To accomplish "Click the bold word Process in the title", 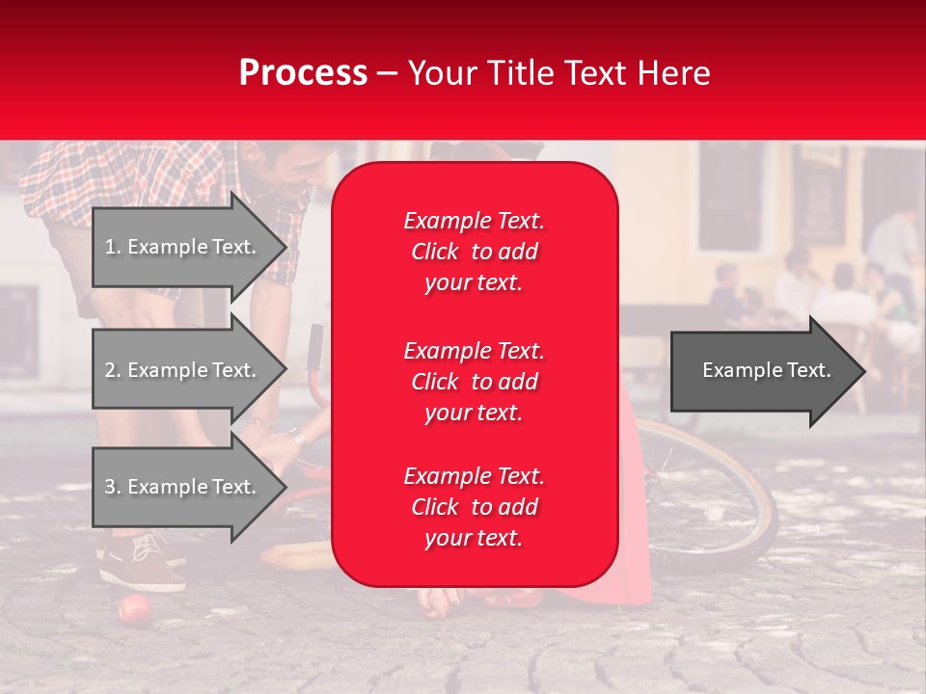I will tap(303, 72).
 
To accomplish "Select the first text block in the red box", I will tap(474, 252).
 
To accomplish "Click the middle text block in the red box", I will tap(474, 381).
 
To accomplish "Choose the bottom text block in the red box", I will tap(474, 507).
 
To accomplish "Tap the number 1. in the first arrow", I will tap(112, 247).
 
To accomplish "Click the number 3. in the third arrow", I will tap(112, 487).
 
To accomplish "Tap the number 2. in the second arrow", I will tap(112, 370).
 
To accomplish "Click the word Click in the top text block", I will tap(434, 252).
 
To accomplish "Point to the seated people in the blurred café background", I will tap(820, 289).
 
